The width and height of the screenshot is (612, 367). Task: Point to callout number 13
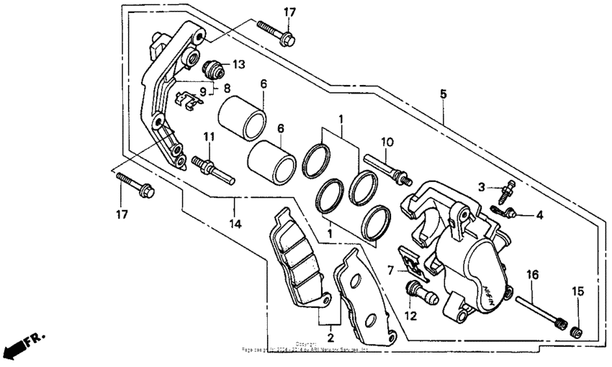238,65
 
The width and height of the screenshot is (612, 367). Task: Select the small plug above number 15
575,332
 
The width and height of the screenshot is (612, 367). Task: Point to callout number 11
209,137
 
